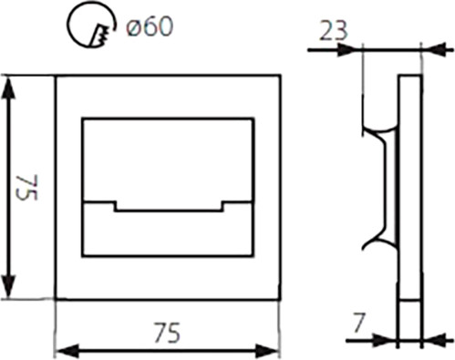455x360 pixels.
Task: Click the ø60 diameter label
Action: pos(150,26)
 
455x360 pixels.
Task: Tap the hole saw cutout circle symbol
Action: pos(69,26)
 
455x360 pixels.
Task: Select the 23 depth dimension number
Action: pos(333,31)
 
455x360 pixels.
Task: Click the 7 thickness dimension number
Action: pos(358,324)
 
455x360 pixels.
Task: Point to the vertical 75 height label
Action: pos(28,188)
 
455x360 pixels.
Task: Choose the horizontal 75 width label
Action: pos(167,332)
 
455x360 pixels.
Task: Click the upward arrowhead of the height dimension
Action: pos(8,87)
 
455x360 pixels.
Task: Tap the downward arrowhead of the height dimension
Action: pos(8,286)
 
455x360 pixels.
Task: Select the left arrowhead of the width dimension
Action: pos(68,351)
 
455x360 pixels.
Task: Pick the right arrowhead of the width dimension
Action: pos(266,351)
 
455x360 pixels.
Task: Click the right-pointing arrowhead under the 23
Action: pos(347,49)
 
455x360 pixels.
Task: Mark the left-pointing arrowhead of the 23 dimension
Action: pos(436,49)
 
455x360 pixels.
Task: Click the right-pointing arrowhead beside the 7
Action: pos(384,341)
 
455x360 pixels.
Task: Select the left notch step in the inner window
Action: pos(115,206)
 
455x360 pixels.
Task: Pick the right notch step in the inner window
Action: pos(222,206)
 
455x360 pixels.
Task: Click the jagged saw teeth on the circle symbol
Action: pos(100,35)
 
